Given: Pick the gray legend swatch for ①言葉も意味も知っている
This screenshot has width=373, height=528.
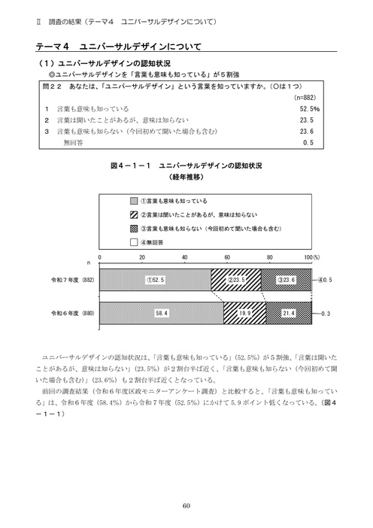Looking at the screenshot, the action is pos(134,201).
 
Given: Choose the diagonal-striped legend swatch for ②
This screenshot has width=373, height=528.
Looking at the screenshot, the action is pos(134,214).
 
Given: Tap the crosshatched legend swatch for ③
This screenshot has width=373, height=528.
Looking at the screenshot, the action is pos(134,227).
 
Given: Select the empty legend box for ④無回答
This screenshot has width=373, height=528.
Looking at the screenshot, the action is pos(134,241).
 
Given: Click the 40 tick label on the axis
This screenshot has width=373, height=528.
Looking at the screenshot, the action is pos(184,258).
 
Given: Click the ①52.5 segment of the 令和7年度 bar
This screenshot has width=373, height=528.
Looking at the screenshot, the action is pos(156,279).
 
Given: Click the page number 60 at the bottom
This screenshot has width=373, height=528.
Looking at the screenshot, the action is pos(186,505).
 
